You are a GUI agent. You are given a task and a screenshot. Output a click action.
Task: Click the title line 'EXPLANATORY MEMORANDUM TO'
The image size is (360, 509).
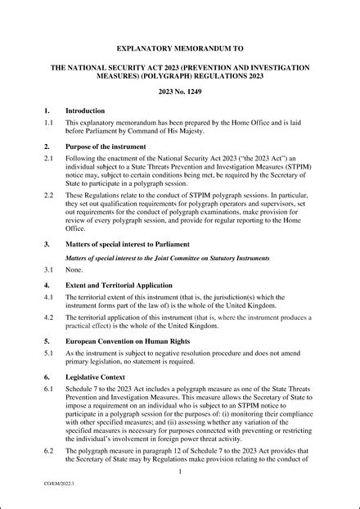coord(179,48)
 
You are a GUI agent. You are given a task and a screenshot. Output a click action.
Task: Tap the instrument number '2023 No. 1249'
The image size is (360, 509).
coord(179,92)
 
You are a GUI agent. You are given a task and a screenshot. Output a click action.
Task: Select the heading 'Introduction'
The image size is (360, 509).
coord(85,110)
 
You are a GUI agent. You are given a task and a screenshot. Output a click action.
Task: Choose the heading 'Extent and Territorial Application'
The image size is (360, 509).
coord(126,285)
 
